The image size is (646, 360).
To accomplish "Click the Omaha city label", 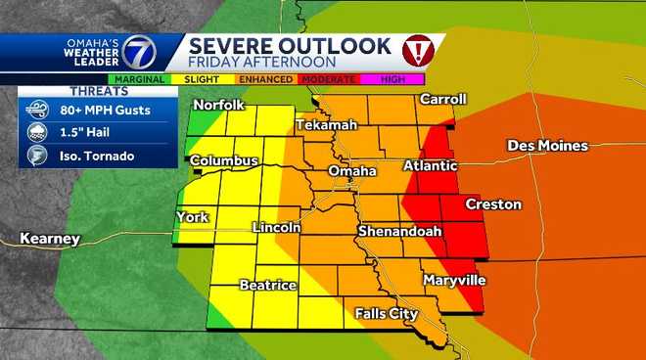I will point(352,171).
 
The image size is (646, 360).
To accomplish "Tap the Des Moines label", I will point(547,146).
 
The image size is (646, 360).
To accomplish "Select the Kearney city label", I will point(48,239).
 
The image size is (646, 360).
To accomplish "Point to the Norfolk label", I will point(217,105).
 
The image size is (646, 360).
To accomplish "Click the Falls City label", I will point(387,314).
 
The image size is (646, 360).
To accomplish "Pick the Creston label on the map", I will point(493,204).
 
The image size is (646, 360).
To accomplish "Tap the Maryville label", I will point(453,281).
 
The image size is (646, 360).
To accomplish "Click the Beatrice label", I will point(268,285).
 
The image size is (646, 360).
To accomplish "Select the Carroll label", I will point(442,99).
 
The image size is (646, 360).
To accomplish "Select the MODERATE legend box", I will point(330,78).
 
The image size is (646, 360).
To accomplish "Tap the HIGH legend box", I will point(392,78).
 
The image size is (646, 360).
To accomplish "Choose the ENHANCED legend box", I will point(267,78).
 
